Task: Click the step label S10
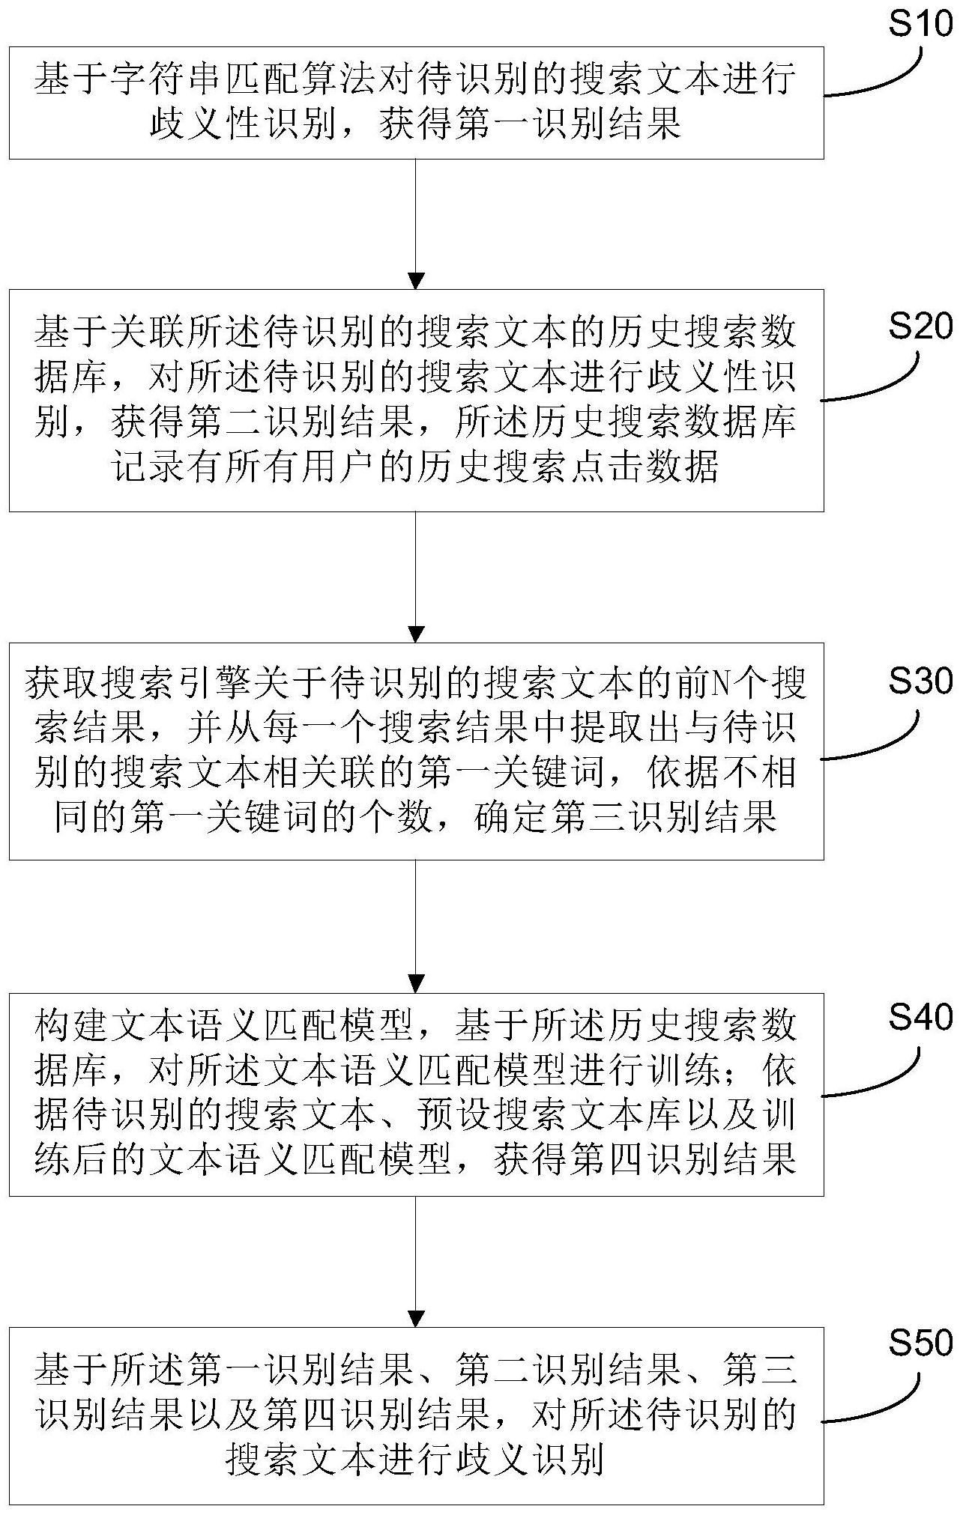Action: (920, 24)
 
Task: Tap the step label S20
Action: (920, 327)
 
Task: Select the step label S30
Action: (920, 680)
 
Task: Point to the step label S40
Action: (920, 1017)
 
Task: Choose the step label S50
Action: (920, 1343)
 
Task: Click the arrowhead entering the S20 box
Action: (416, 281)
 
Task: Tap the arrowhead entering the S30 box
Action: (416, 634)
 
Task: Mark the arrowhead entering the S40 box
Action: (416, 984)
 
